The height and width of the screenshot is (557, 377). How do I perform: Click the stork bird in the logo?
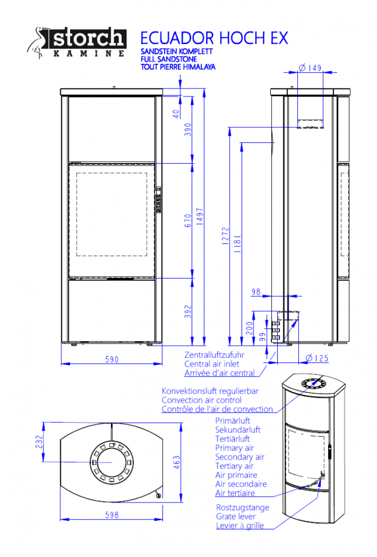tap(37, 42)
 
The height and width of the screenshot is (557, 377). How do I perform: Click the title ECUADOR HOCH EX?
tap(214, 38)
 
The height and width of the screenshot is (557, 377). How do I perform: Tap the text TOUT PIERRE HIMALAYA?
tap(178, 67)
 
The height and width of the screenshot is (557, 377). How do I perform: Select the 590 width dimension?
tap(112, 359)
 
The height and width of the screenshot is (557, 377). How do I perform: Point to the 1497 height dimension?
tap(200, 216)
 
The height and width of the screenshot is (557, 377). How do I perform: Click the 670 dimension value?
tap(188, 221)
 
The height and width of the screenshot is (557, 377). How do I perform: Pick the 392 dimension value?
tap(188, 312)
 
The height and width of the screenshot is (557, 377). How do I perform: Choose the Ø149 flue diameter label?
tap(310, 68)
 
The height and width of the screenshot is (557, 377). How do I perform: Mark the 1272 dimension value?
tap(226, 236)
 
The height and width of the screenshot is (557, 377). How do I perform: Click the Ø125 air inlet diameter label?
tap(317, 358)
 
